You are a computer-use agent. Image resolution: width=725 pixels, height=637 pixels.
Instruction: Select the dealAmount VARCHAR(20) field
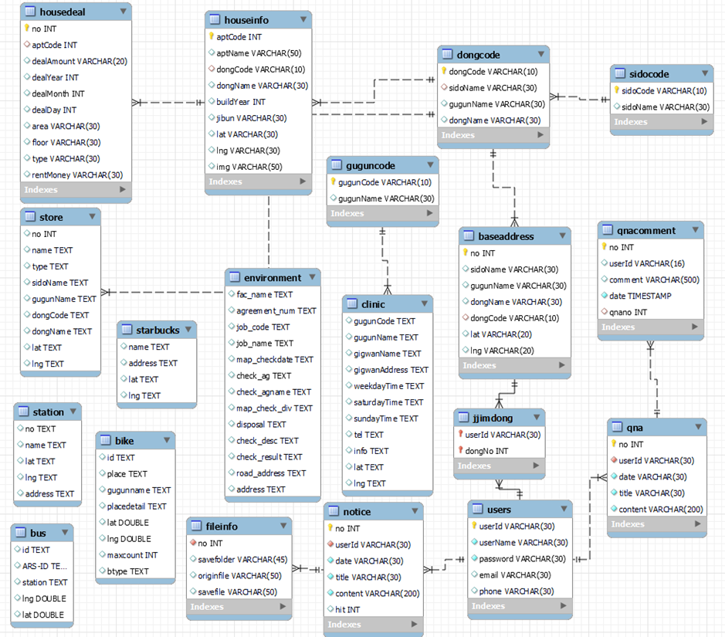coord(79,61)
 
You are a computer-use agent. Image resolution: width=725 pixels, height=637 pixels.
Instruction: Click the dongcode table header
coord(479,55)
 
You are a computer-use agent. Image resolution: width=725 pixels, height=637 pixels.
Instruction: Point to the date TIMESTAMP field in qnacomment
coord(640,296)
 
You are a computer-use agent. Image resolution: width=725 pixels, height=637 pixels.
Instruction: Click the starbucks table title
coord(158,330)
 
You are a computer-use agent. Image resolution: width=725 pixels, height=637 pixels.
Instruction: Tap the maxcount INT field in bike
coord(132,555)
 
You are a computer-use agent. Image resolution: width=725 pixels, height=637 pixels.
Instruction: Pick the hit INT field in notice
coord(347,609)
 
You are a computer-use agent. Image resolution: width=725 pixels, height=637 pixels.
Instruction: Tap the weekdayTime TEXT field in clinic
coord(388,386)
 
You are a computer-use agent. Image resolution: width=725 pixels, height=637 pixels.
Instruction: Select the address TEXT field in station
coord(49,493)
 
